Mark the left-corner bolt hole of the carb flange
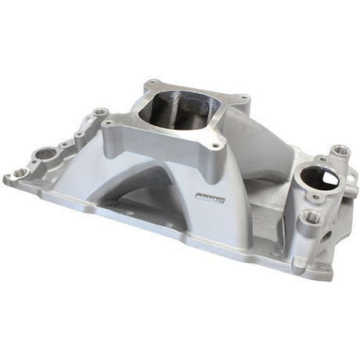[x=109, y=123]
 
